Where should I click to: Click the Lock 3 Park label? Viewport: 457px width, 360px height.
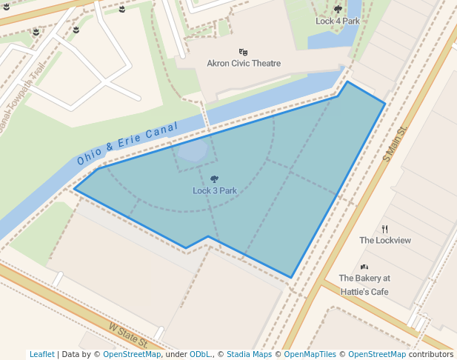coord(215,191)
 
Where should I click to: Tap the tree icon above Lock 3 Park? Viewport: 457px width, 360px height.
coord(215,179)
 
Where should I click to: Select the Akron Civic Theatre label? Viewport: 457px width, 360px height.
coord(244,64)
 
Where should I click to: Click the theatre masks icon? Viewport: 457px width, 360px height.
coord(243,52)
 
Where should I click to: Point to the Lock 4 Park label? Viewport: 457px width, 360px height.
coord(338,21)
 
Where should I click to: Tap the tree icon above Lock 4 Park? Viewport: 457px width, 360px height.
coord(338,10)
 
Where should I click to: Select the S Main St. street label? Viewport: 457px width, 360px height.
coord(396,144)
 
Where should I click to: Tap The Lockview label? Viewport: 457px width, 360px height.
coord(385,241)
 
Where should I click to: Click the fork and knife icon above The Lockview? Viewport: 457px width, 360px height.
coord(384,229)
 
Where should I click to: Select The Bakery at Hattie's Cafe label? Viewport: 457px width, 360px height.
coord(364,285)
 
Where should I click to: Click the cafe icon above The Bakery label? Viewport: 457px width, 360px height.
coord(364,267)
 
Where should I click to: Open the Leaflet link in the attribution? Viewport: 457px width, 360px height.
coord(42,355)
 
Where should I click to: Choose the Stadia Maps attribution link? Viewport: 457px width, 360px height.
coord(248,355)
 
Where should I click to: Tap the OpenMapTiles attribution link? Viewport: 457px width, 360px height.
coord(310,355)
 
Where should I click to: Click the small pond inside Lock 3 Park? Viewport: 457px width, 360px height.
coord(193,152)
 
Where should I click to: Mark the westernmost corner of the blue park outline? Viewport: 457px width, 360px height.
coord(75,189)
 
